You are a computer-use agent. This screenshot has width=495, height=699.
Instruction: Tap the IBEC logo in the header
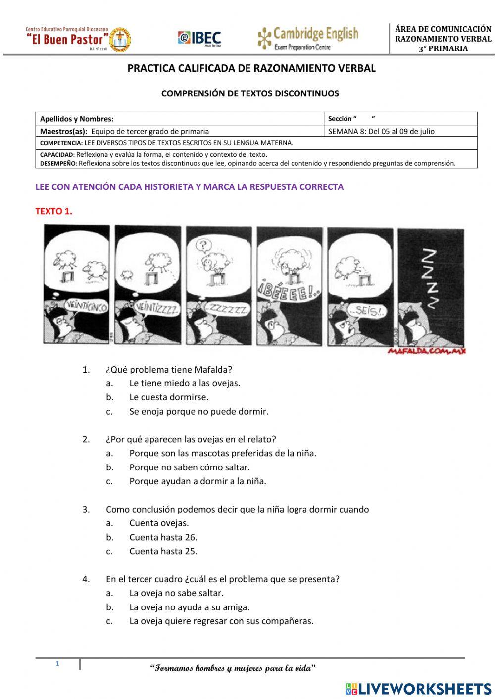coord(199,38)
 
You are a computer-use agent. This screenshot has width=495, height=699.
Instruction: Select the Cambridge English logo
coord(308,39)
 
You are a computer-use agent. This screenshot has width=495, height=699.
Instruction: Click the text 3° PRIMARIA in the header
coord(443,48)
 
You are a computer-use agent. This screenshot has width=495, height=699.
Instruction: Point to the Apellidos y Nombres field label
coord(77,119)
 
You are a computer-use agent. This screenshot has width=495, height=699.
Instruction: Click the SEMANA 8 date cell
coord(381,131)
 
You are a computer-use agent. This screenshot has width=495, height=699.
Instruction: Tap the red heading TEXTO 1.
coord(53,211)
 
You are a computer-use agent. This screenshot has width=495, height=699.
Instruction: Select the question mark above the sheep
coord(201,244)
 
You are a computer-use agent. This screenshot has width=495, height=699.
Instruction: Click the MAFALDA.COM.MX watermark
coord(427,351)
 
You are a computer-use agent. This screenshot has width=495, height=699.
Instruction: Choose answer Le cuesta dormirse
coord(169,397)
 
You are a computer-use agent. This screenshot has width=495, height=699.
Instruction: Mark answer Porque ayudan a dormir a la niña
coord(198,481)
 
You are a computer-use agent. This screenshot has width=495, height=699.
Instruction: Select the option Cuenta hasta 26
coord(163,537)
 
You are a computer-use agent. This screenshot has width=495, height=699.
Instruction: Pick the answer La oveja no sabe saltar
coord(176,593)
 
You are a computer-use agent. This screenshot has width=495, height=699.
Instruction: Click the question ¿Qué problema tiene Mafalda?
coord(169,370)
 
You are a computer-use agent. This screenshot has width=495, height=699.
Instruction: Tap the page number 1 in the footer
coord(57,664)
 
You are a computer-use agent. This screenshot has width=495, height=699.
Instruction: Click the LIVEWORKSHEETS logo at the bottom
coord(418,688)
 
